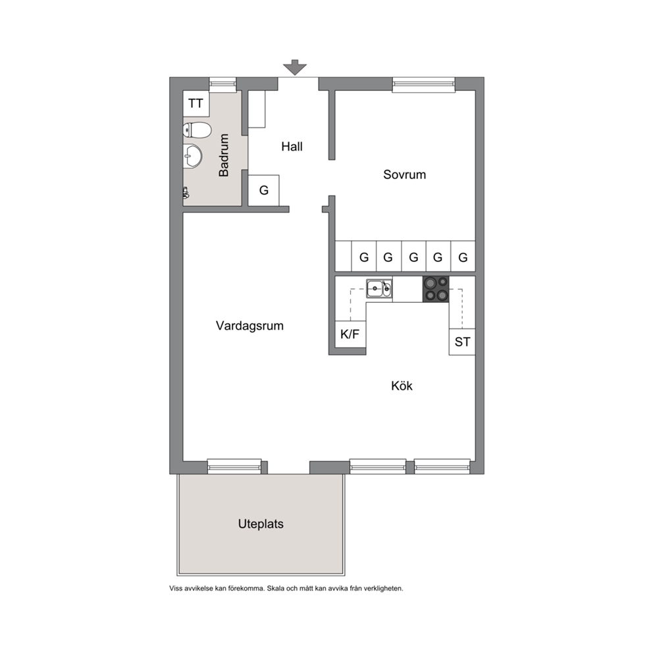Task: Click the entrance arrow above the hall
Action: tap(295, 67)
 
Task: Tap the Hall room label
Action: tap(292, 147)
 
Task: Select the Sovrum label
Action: tap(404, 174)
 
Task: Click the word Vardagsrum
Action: tap(249, 326)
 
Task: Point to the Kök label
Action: tap(402, 386)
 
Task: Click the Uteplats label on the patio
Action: tap(261, 524)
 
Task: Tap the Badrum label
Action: tap(224, 155)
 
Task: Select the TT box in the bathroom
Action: tap(196, 104)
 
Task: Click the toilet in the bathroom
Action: tap(197, 130)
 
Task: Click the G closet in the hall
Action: tap(263, 190)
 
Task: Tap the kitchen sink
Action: tap(379, 288)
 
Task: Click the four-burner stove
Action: tap(436, 289)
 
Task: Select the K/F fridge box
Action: tap(350, 334)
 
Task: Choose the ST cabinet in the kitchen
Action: tap(462, 342)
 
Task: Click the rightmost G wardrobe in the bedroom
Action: tap(463, 257)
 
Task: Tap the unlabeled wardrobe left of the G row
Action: tap(343, 257)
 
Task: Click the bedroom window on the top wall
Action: tap(423, 84)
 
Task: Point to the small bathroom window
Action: tap(222, 84)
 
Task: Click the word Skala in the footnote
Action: tap(276, 588)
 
